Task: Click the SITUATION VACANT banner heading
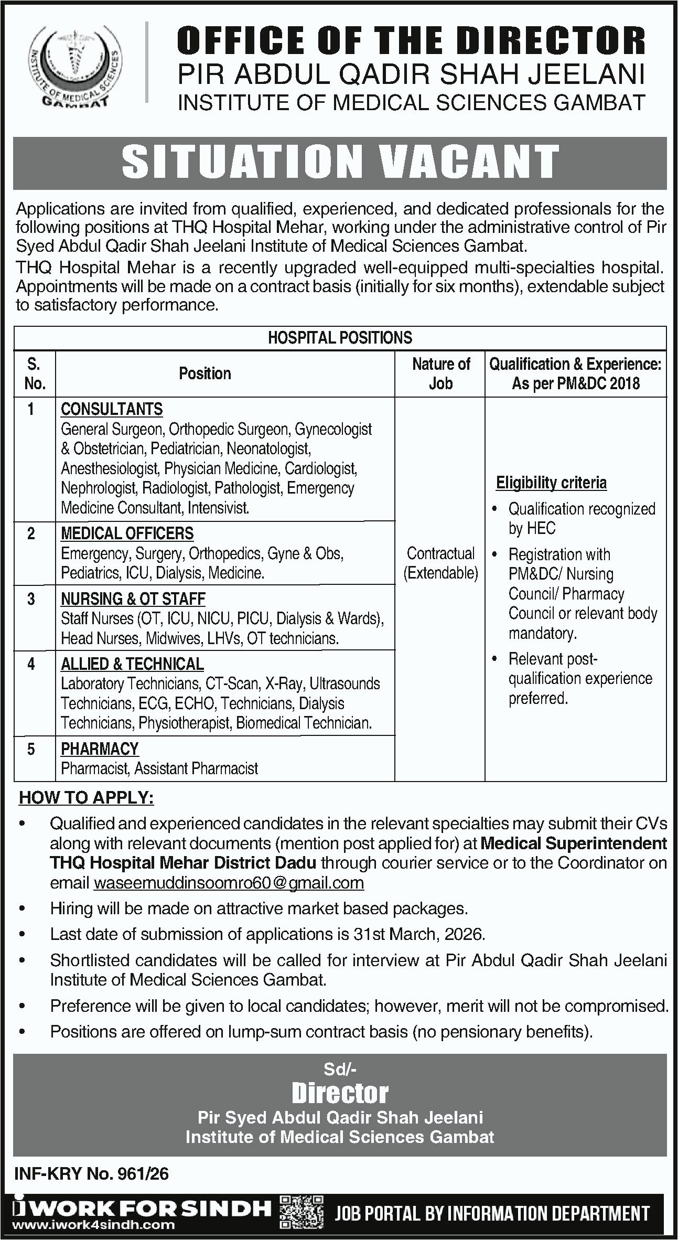(340, 162)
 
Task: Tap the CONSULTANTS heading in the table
(112, 409)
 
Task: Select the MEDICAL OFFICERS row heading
(127, 533)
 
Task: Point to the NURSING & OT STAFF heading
(133, 599)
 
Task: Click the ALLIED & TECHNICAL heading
(132, 664)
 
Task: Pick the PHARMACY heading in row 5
(100, 749)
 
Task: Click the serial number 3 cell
(31, 599)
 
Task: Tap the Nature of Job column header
(440, 373)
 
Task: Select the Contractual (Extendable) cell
(440, 563)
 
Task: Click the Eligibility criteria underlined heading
(551, 483)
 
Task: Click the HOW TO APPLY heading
(87, 798)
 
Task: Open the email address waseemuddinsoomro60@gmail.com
(229, 883)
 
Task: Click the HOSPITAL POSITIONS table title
(340, 338)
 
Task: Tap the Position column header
(205, 373)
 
